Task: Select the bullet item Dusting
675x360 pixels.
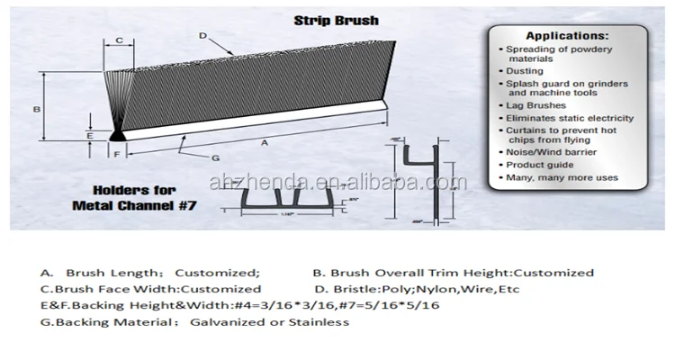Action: coord(525,70)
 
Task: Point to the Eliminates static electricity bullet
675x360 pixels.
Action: coord(569,118)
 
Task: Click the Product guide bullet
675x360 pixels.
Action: coord(539,166)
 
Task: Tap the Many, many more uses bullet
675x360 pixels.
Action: coord(562,177)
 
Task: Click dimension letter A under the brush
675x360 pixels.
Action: coord(264,142)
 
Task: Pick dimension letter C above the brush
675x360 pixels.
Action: coord(119,40)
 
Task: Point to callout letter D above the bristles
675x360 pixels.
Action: coord(203,35)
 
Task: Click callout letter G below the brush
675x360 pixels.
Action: coord(215,159)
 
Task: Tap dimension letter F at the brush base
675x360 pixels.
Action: coord(117,155)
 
